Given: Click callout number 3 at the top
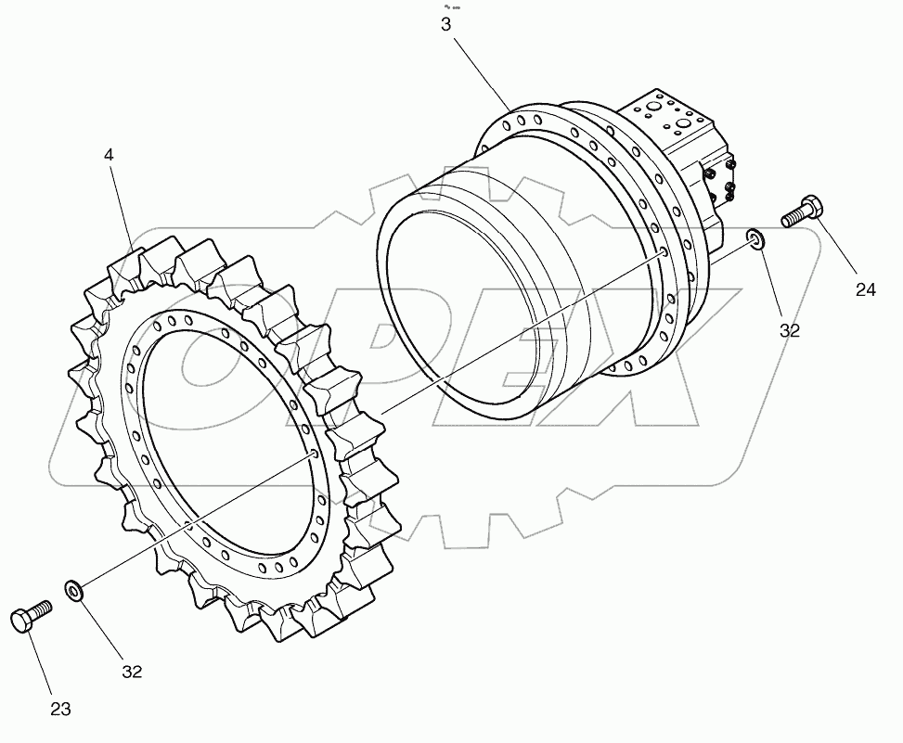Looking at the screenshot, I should pyautogui.click(x=445, y=25).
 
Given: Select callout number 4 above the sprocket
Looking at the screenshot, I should pyautogui.click(x=109, y=155).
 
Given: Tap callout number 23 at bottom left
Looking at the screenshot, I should pyautogui.click(x=59, y=710).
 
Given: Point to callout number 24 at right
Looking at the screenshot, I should pyautogui.click(x=865, y=290).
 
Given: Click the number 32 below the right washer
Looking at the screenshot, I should pyautogui.click(x=789, y=330).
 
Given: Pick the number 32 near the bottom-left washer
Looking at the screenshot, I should pyautogui.click(x=132, y=672).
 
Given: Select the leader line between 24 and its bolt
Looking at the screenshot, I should pyautogui.click(x=840, y=250).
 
